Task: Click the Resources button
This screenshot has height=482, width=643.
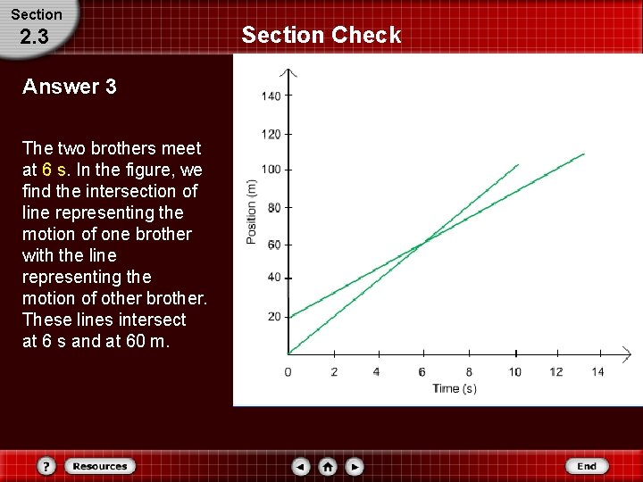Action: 99,466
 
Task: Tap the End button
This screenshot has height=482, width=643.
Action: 587,466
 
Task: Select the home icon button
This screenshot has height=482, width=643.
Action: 328,466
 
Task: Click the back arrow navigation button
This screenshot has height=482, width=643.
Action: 301,466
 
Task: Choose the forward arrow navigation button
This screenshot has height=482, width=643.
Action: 355,466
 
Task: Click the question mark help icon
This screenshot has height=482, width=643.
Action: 47,466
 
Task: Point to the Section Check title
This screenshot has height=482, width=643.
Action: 321,36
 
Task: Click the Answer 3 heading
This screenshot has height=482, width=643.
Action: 69,87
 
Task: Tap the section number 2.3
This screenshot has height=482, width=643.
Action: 33,37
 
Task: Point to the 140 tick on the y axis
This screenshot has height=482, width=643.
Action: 271,96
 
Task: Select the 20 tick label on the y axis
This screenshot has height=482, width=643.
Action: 274,317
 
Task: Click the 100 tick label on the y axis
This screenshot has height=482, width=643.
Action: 271,170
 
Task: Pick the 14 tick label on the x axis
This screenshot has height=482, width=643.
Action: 597,371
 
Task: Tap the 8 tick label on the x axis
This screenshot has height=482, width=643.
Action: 469,371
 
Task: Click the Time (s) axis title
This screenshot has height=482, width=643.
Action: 454,388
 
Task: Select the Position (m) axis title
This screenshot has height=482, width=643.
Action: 252,212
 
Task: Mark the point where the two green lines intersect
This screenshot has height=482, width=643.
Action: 422,241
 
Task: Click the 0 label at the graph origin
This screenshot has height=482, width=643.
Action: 288,371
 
